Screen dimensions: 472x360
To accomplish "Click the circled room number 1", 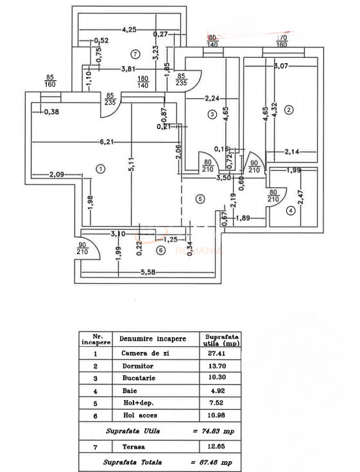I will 100,168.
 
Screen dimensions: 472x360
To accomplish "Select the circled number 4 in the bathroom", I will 291,210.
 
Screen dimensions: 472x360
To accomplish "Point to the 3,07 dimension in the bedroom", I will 283,65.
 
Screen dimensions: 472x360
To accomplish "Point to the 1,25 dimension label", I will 169,239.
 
